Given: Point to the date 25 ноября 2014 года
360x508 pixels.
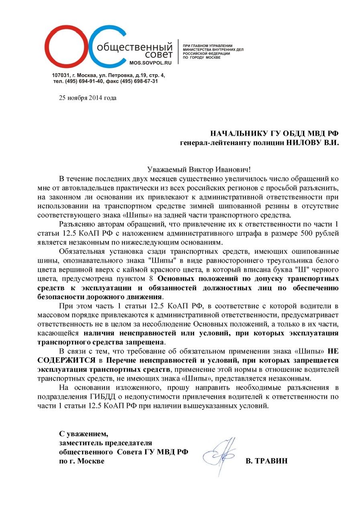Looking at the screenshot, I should pyautogui.click(x=88, y=98).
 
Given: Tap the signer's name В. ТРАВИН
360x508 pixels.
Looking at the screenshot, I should pyautogui.click(x=266, y=461).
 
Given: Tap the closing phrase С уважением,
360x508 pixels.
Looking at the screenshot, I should pyautogui.click(x=84, y=434).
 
